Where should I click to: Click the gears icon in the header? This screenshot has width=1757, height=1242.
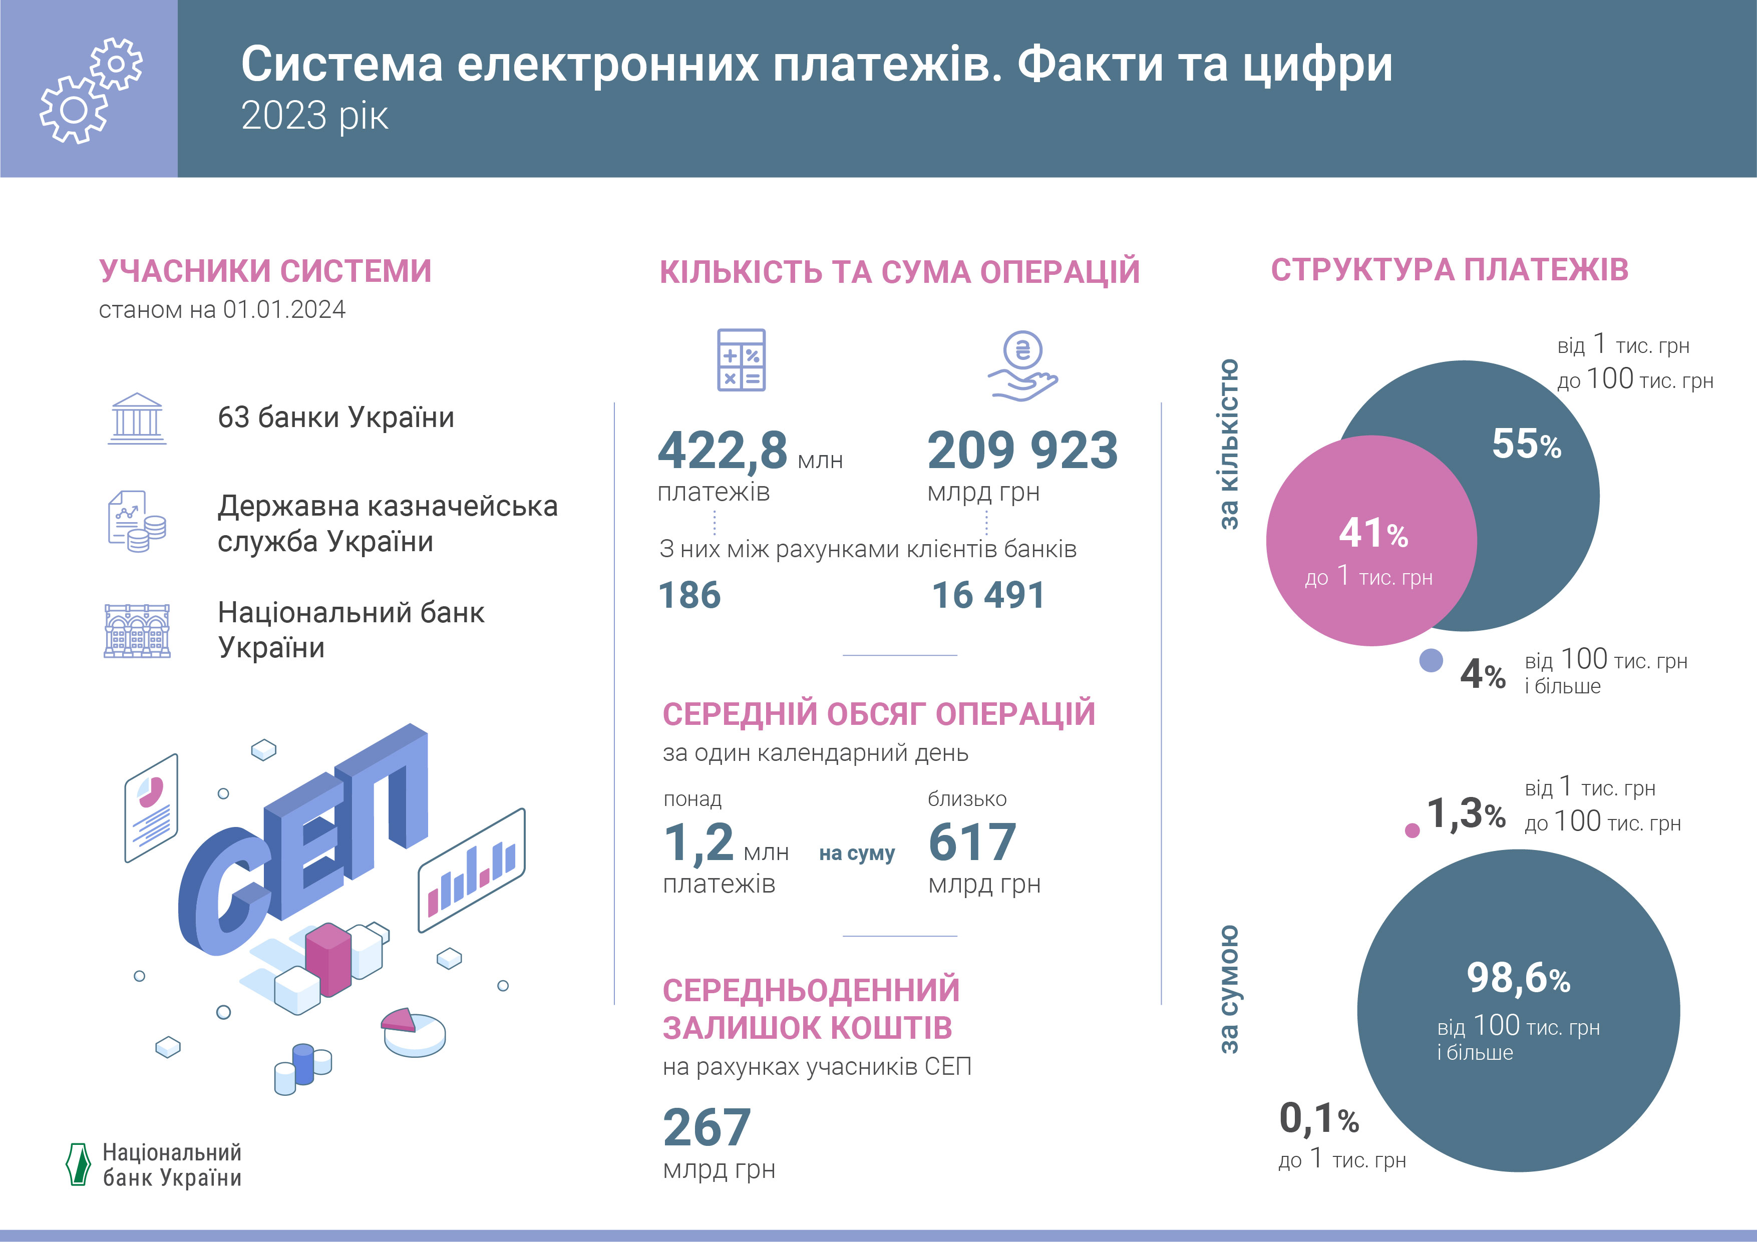(x=90, y=90)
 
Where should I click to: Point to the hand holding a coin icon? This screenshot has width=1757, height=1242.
(x=1022, y=366)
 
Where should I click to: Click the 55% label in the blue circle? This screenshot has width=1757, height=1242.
(x=1526, y=444)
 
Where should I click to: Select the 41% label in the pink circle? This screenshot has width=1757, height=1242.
(x=1373, y=533)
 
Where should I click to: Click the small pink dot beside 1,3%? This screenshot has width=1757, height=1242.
(x=1413, y=831)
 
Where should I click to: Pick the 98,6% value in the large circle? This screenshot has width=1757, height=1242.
(x=1518, y=978)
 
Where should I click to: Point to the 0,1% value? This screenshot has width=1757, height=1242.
(x=1318, y=1119)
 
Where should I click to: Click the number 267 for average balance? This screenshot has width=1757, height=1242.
(x=707, y=1127)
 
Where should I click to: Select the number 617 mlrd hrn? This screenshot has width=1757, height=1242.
(x=972, y=842)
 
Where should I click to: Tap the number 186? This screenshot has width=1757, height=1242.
(x=689, y=595)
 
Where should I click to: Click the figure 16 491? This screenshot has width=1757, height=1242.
(x=988, y=595)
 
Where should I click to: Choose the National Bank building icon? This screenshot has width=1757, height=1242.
(x=137, y=631)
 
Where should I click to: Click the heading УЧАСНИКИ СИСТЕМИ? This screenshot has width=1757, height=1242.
(x=265, y=271)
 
